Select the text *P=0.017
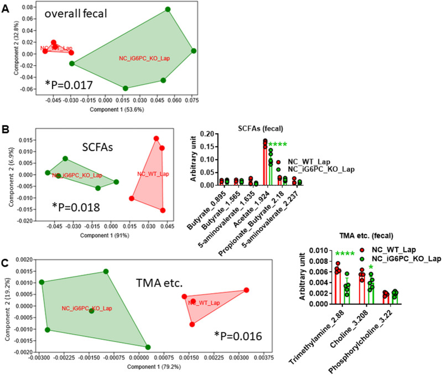pyautogui.click(x=71, y=86)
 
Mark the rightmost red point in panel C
pyautogui.click(x=246, y=290)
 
